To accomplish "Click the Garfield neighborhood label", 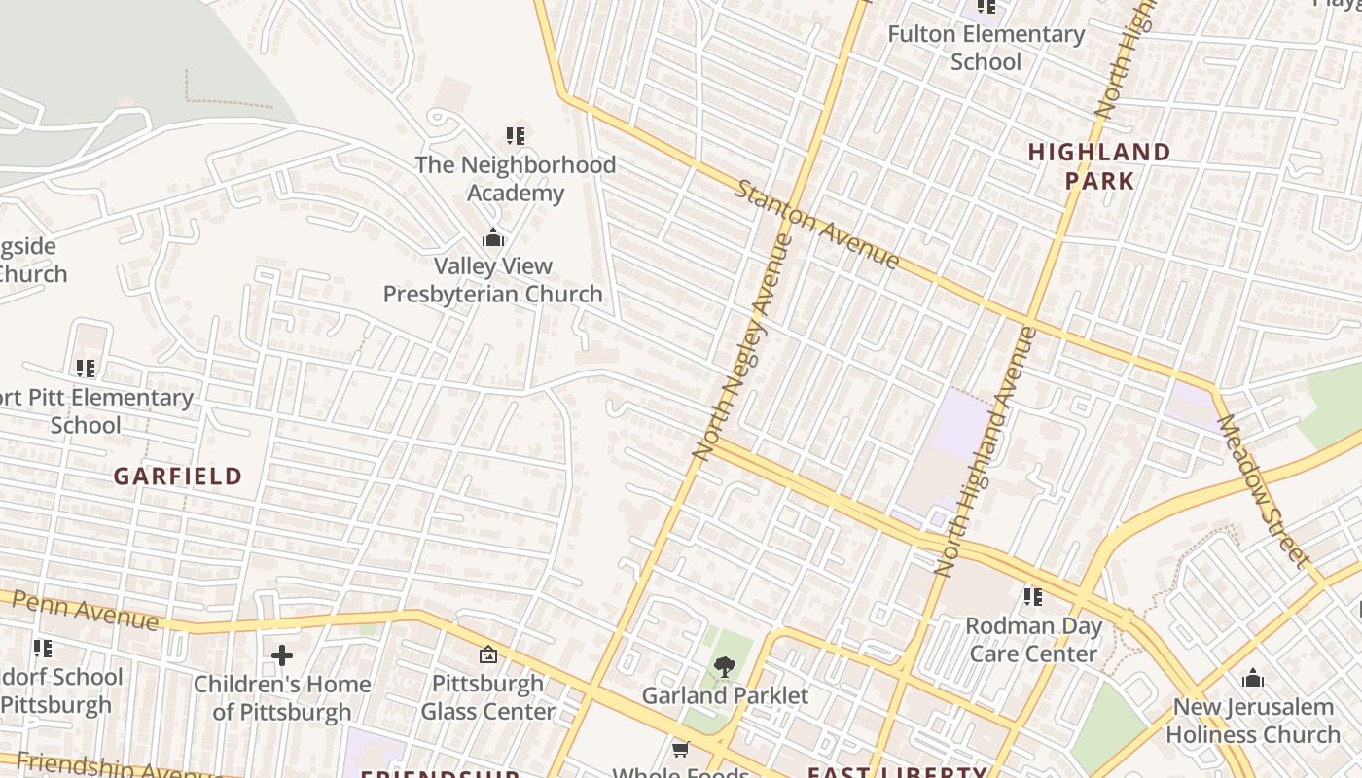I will tap(177, 477).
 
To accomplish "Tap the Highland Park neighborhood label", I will tap(1099, 166).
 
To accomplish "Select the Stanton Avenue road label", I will tap(817, 224).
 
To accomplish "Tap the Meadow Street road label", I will tap(1262, 491).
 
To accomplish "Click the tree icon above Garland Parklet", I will tap(724, 666).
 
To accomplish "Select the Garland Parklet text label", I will tap(725, 695).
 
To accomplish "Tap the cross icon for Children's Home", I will tap(282, 655).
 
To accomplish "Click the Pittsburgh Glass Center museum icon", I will tap(488, 655).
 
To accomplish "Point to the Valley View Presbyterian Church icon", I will tap(493, 237).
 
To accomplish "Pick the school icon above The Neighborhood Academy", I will tap(516, 136).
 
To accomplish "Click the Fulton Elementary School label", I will tap(986, 48).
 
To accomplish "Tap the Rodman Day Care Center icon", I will tap(1033, 596).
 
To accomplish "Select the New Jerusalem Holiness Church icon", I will tap(1253, 678).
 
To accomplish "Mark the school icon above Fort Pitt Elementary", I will tap(86, 369).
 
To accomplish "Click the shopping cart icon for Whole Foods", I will tap(681, 749).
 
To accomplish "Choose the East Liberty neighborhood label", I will tap(896, 772).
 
